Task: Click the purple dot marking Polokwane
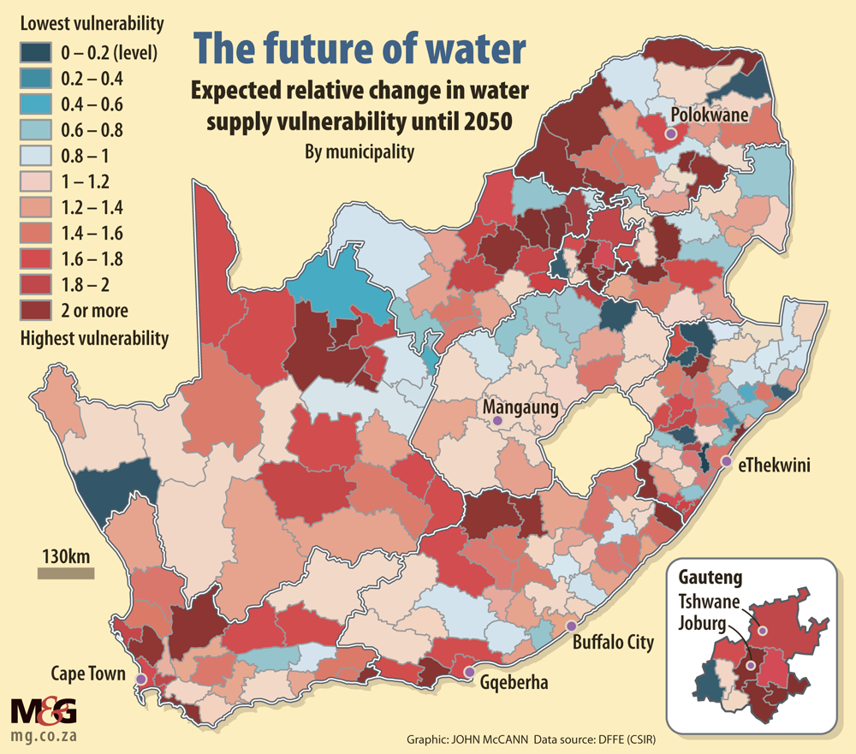[x=671, y=134]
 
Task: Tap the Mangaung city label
[x=520, y=407]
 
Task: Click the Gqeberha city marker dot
[x=468, y=672]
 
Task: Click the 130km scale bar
[x=66, y=573]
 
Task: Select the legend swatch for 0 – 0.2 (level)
[x=37, y=53]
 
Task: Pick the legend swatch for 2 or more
[x=37, y=310]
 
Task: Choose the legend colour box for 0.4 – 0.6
[x=37, y=104]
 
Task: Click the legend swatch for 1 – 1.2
[x=37, y=181]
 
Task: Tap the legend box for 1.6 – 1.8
[x=37, y=258]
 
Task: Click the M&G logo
[x=43, y=709]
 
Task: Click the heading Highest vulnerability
[x=94, y=338]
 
